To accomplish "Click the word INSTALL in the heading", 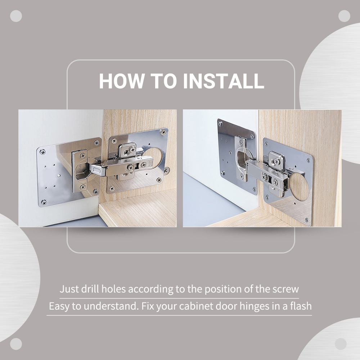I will [224, 81].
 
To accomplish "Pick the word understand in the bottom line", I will [107, 307].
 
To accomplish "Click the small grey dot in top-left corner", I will [16, 16].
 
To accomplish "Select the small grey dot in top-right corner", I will [344, 16].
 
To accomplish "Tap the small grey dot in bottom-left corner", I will [16, 344].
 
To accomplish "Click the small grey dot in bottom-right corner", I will [341, 344].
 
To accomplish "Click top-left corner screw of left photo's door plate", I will [43, 152].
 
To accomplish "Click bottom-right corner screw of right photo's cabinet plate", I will [306, 220].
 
